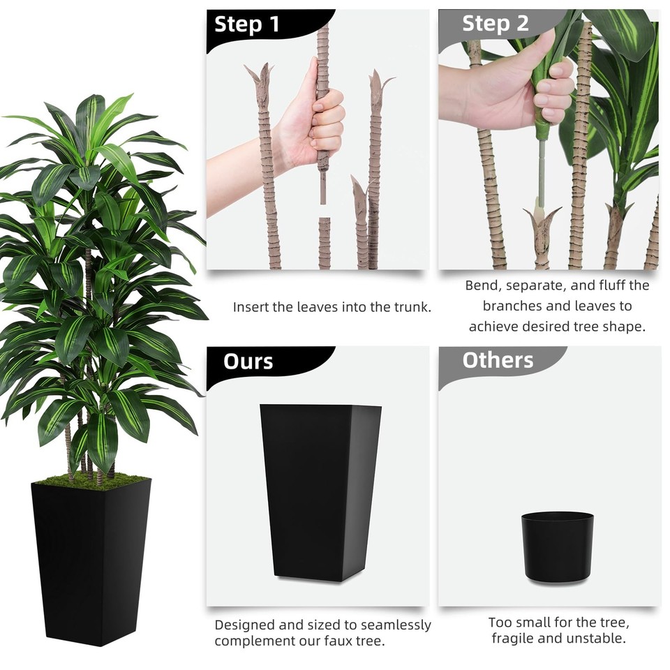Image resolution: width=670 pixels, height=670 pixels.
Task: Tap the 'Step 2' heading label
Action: tap(495, 24)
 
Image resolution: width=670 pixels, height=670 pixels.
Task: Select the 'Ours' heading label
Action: tap(248, 362)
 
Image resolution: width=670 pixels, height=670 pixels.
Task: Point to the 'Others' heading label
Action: tap(498, 360)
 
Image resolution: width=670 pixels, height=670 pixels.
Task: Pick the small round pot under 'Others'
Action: tap(557, 546)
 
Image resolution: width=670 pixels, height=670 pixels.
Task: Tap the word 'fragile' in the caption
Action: tap(516, 638)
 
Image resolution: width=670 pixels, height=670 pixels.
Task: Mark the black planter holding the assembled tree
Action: tap(91, 558)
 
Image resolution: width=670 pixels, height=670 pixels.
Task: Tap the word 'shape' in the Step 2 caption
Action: tap(626, 326)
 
